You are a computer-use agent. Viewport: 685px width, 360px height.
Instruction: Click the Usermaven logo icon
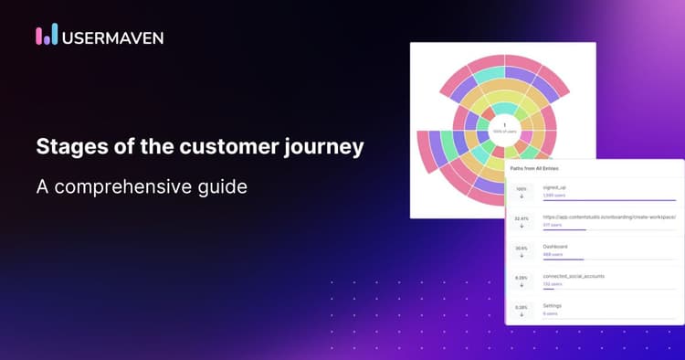[47, 35]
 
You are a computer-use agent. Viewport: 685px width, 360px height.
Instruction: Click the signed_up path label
[554, 187]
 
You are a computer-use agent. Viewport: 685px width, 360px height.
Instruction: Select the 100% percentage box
[522, 192]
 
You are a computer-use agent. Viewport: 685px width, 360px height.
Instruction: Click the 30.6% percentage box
[522, 250]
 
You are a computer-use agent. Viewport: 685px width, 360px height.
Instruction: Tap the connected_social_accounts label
[574, 276]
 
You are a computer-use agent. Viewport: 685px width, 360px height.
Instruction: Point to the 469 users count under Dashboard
[553, 255]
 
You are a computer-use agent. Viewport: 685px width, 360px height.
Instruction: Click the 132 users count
[553, 284]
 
